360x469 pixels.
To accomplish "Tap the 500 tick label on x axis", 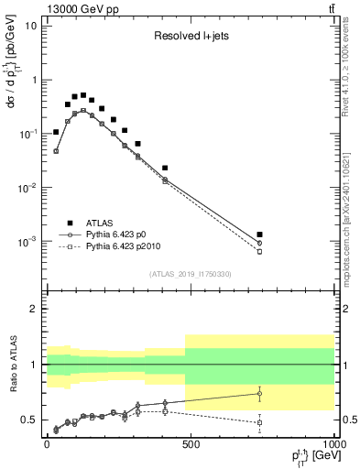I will pos(190,444).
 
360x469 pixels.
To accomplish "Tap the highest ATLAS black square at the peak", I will pos(83,94).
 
